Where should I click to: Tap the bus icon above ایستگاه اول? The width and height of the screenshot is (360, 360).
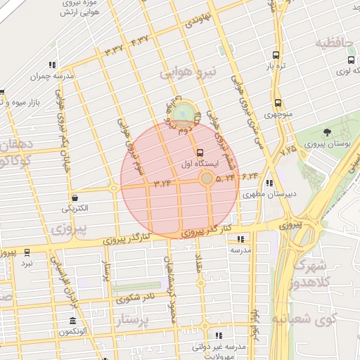[200, 152]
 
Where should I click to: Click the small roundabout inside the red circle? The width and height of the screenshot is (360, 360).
[206, 179]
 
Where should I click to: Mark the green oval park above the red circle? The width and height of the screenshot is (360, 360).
[184, 112]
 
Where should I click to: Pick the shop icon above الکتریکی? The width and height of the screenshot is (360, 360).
[75, 198]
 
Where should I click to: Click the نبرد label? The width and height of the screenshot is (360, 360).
[27, 263]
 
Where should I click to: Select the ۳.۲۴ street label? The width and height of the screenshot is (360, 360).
[162, 183]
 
